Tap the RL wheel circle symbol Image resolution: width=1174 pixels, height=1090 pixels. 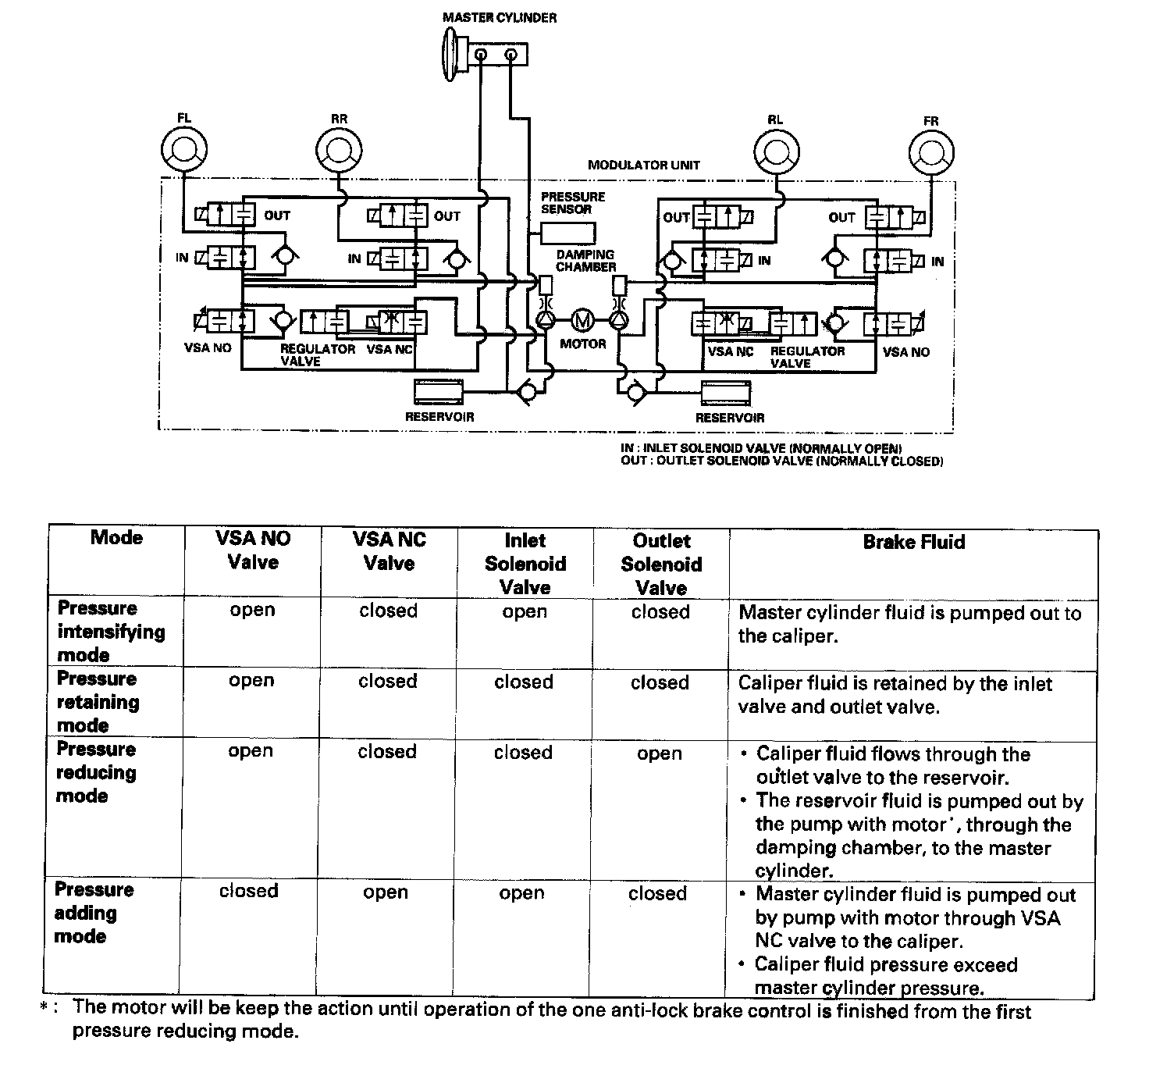point(775,148)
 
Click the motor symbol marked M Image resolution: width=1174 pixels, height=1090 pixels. point(582,320)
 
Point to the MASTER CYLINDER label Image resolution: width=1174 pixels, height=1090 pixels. point(500,17)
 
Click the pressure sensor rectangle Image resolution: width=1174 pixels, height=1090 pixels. point(567,233)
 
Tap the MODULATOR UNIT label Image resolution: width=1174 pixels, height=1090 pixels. point(644,165)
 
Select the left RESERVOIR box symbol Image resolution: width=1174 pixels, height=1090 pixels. point(439,392)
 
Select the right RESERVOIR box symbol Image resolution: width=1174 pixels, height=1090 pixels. point(727,394)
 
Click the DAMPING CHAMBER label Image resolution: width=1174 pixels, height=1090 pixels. point(585,261)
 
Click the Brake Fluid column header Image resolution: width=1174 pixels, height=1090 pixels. point(913,542)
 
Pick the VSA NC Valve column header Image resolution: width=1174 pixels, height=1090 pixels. point(389,551)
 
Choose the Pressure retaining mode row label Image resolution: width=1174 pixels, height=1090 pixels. point(98,701)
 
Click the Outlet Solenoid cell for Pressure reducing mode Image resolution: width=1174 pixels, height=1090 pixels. point(660,753)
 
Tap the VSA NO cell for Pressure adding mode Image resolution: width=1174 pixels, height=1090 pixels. point(248,892)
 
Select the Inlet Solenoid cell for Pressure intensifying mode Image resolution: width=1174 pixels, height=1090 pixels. point(525,611)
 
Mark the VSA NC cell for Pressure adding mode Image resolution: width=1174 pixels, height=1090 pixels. point(386,892)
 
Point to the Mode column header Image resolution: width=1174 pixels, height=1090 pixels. point(116,537)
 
